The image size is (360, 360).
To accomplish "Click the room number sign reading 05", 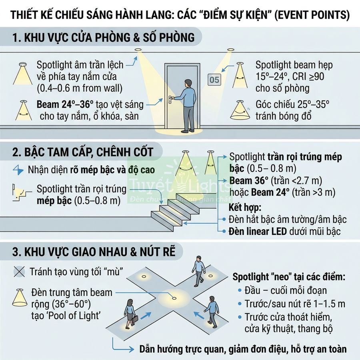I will click(x=214, y=80).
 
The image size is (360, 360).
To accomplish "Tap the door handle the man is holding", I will click(x=171, y=97).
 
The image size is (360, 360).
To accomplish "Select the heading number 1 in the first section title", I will click(x=16, y=38).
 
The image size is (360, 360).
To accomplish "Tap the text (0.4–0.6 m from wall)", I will click(x=80, y=87).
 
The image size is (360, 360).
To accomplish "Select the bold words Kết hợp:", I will click(x=245, y=208).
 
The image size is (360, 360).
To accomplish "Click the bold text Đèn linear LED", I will click(x=258, y=231).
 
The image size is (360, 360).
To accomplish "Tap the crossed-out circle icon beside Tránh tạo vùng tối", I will click(x=18, y=272).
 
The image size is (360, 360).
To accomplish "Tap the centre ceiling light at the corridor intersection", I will click(x=173, y=298).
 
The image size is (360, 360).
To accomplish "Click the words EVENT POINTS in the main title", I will click(x=312, y=16).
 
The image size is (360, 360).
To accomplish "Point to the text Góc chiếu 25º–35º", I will click(x=293, y=105).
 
